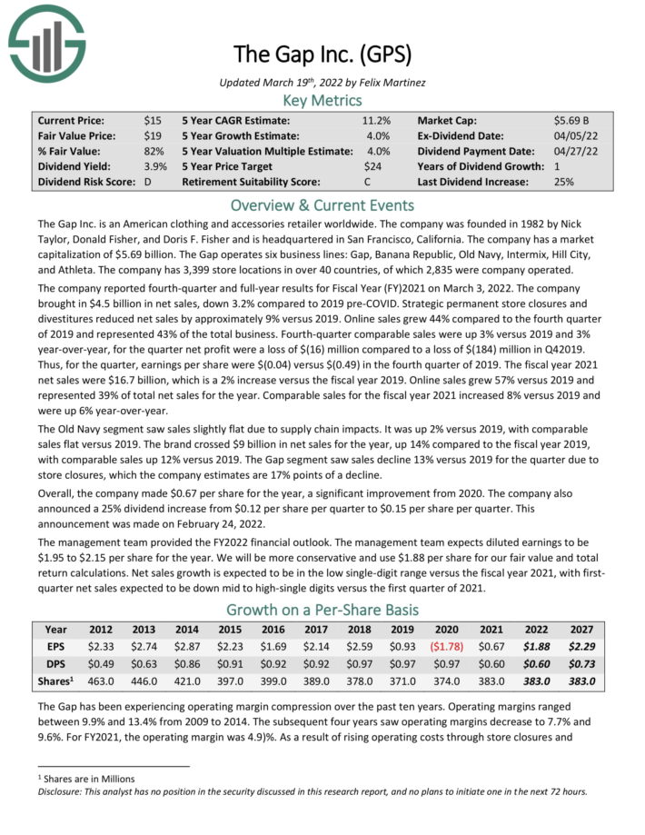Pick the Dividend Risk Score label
[x=87, y=182]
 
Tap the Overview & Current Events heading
[x=322, y=204]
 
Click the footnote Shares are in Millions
[x=83, y=779]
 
